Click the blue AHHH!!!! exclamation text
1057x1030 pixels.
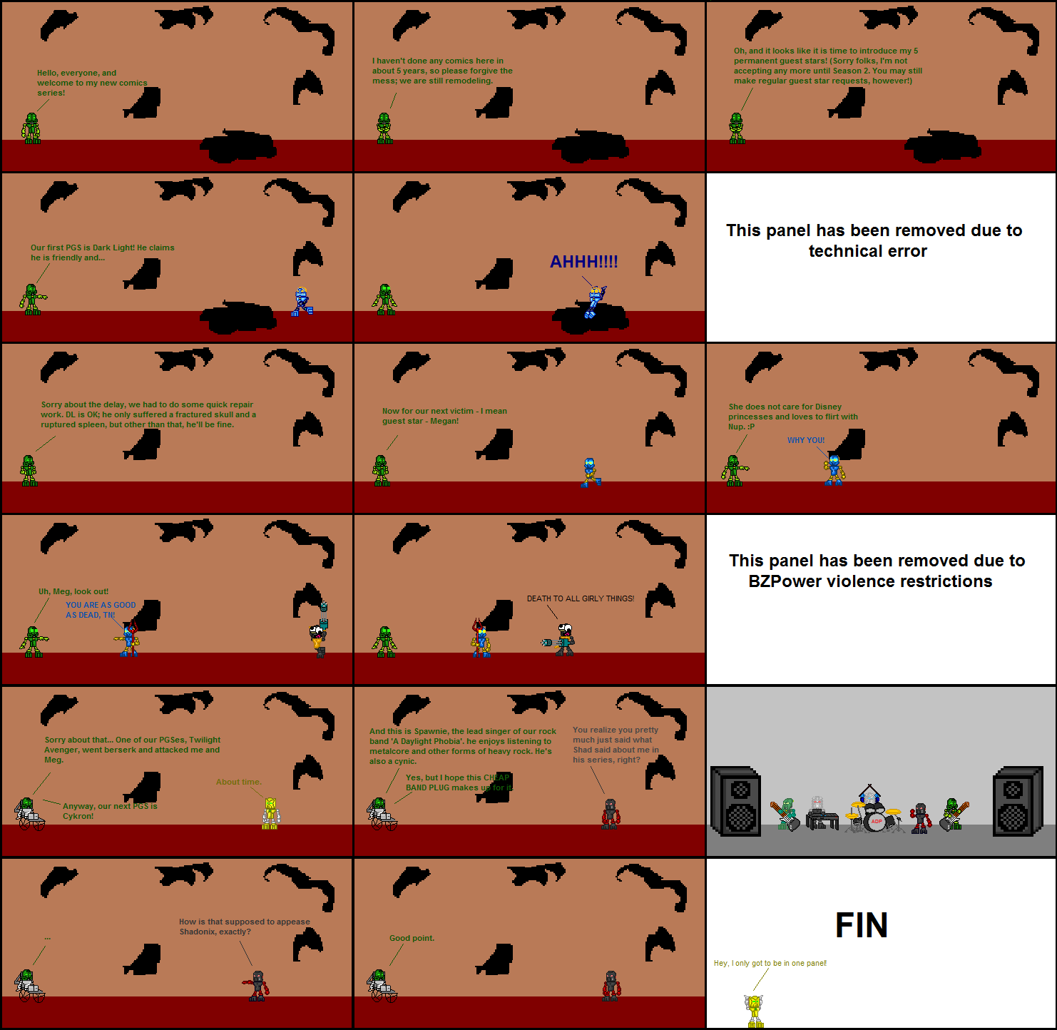pos(583,262)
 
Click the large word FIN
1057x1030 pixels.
pos(861,925)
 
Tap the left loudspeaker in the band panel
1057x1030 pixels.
pos(736,801)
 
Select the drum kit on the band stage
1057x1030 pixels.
pos(872,813)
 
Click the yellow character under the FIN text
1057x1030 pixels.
pos(755,1011)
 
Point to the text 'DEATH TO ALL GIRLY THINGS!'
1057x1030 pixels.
pos(580,598)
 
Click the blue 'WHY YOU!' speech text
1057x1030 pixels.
pos(805,440)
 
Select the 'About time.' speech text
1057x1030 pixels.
pos(238,782)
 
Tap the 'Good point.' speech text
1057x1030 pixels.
pos(412,938)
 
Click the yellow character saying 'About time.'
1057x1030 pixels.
pos(270,813)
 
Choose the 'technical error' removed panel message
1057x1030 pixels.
pos(874,240)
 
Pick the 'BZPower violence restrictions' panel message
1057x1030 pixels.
pos(876,571)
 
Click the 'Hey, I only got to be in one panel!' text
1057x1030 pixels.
pos(770,963)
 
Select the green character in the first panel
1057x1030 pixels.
pos(31,128)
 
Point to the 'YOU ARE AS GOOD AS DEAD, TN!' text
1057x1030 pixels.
pos(100,610)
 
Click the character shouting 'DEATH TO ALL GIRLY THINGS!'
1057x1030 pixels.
pos(564,640)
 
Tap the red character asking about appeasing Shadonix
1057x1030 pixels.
pos(257,986)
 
